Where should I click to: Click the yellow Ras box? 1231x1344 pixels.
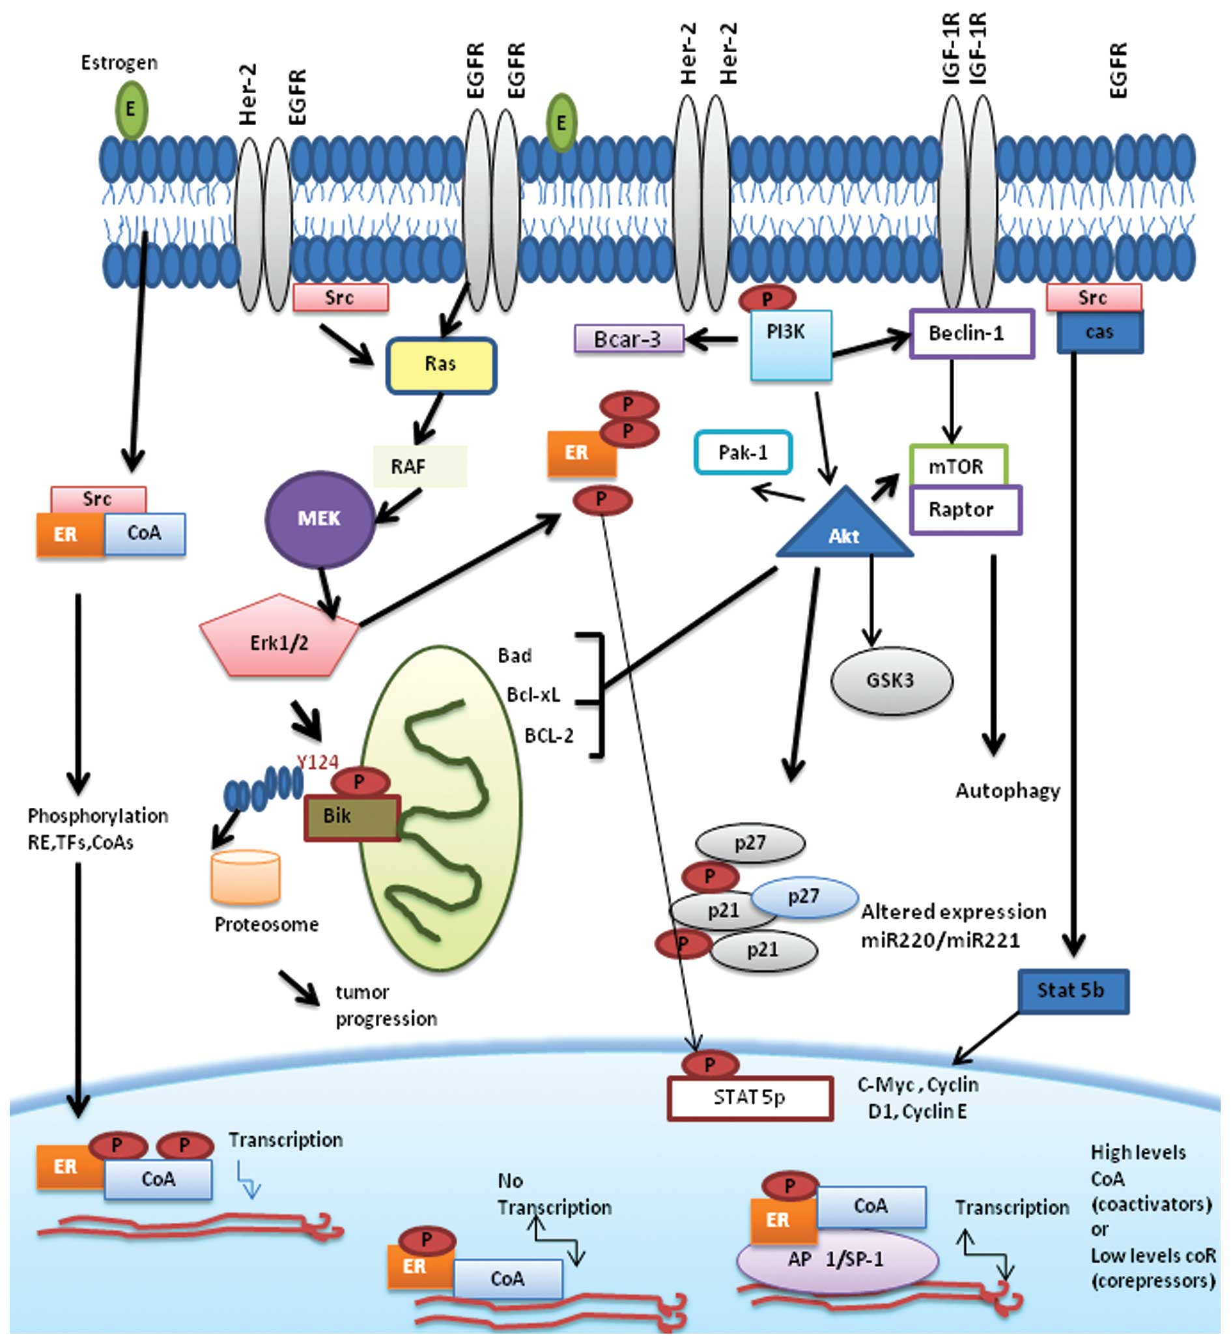pyautogui.click(x=440, y=365)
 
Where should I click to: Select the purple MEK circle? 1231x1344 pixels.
pyautogui.click(x=320, y=519)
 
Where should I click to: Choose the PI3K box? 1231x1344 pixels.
pyautogui.click(x=791, y=345)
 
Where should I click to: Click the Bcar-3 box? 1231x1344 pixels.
pyautogui.click(x=629, y=339)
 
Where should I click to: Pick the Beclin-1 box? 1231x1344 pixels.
pyautogui.click(x=972, y=334)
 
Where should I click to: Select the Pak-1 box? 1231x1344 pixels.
pyautogui.click(x=743, y=453)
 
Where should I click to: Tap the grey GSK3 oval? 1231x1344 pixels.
pyautogui.click(x=891, y=681)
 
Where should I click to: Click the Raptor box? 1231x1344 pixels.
pyautogui.click(x=965, y=510)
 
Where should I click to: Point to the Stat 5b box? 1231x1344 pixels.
pyautogui.click(x=1072, y=992)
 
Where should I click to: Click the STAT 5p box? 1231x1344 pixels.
pyautogui.click(x=750, y=1098)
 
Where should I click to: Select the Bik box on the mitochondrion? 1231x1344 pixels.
pyautogui.click(x=351, y=817)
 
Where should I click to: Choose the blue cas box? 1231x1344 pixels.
pyautogui.click(x=1099, y=333)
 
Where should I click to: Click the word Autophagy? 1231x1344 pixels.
pyautogui.click(x=1007, y=792)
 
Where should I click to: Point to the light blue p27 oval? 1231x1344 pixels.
pyautogui.click(x=804, y=897)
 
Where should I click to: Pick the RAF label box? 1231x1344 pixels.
pyautogui.click(x=420, y=466)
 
